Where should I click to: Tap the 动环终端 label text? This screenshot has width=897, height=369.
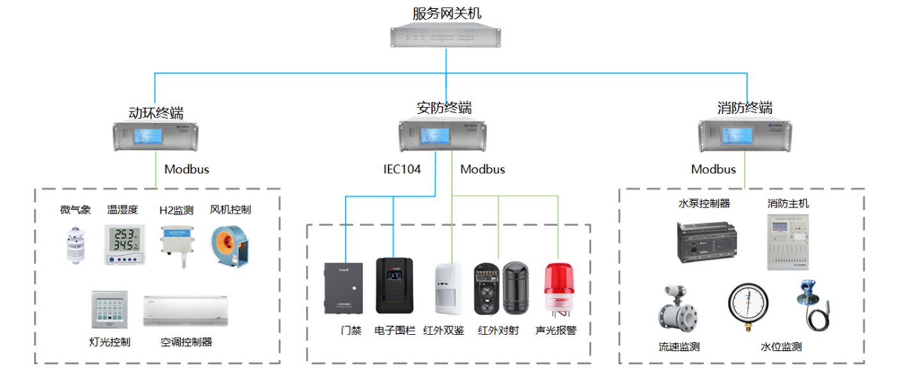coord(156,113)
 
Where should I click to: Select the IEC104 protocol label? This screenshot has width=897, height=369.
coord(402,169)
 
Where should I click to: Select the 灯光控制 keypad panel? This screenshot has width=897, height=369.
coord(108,311)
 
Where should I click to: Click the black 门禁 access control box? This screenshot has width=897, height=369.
coord(343,288)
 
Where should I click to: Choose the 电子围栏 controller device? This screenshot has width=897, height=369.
coord(394,286)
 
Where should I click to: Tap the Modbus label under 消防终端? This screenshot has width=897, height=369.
coord(713,169)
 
